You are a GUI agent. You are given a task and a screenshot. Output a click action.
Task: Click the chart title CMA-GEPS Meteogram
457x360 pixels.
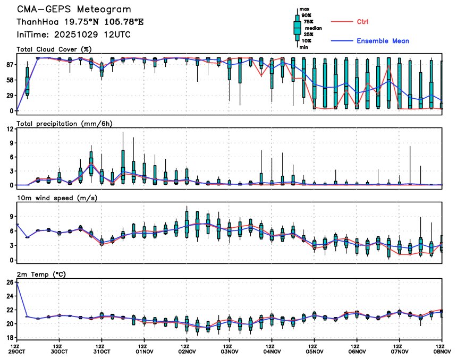(74, 10)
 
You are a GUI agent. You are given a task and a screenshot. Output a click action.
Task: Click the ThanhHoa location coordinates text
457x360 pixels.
(80, 22)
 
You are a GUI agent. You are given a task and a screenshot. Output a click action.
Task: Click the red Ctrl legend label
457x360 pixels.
(362, 22)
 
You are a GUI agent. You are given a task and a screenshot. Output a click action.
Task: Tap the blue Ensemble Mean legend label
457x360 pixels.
(383, 41)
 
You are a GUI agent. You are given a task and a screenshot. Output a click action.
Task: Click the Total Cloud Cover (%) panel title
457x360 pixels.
(54, 49)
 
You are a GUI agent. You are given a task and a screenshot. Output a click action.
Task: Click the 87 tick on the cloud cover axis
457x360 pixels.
(10, 64)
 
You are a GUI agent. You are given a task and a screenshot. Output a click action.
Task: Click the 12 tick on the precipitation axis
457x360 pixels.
(10, 129)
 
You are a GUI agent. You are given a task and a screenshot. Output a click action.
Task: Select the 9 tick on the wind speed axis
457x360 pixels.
(12, 217)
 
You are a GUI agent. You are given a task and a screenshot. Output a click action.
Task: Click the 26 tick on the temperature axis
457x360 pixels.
(10, 282)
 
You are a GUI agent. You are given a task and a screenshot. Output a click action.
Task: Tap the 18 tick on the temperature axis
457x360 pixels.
(10, 337)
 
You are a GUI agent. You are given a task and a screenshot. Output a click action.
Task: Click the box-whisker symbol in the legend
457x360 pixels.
(297, 28)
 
